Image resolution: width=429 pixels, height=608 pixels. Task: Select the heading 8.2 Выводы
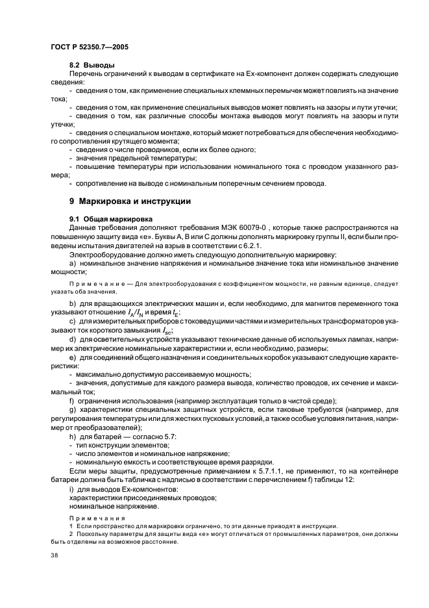[92, 66]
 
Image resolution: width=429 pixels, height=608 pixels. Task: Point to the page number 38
[54, 556]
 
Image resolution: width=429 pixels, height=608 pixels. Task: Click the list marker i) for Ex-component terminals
[71, 488]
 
